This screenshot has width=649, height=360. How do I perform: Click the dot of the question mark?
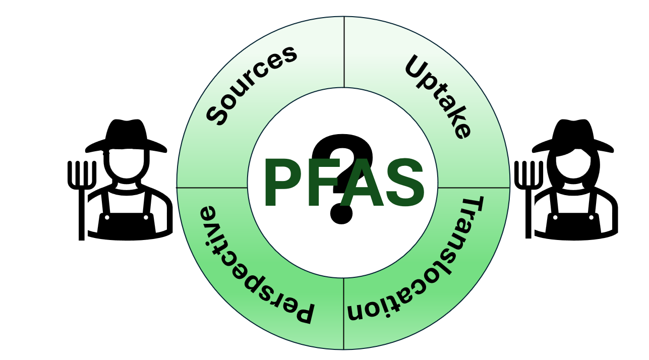click(x=341, y=214)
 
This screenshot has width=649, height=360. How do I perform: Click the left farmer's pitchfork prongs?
click(x=82, y=174)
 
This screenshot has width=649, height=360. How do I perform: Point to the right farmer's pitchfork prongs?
click(x=528, y=174)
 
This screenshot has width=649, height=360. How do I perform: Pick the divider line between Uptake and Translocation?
click(x=474, y=188)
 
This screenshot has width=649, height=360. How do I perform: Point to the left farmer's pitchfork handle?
click(x=81, y=217)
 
